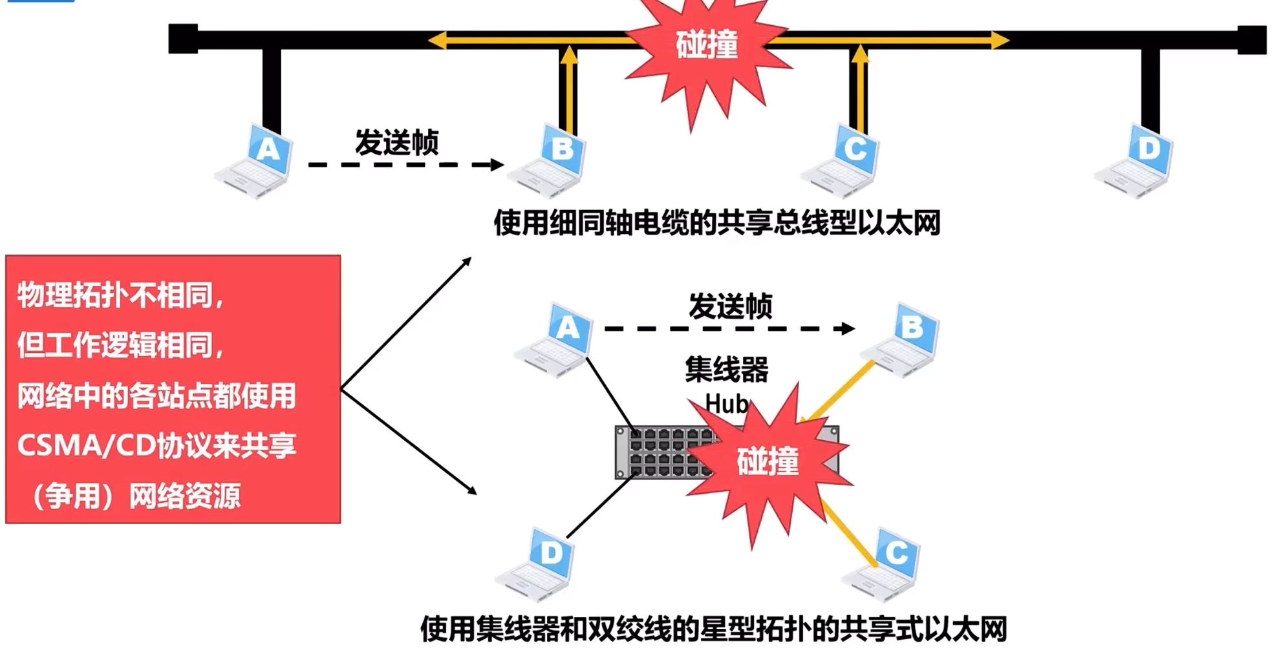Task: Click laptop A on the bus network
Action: coord(255,162)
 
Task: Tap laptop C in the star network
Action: coord(883,565)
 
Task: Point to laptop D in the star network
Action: coord(536,565)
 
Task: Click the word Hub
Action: coord(727,404)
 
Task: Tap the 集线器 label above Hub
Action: coord(727,370)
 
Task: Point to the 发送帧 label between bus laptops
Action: coord(397,142)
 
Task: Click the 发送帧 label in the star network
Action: coord(730,306)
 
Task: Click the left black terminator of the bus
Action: coord(183,39)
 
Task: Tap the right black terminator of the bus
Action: coord(1252,39)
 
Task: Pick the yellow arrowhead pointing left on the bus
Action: coord(437,40)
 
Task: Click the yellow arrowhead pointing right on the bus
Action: coord(1000,40)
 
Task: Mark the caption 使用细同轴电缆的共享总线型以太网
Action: coord(717,223)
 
